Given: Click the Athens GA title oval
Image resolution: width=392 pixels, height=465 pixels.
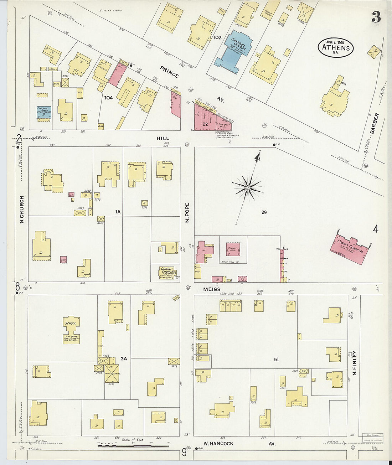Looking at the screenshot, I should tap(335, 47).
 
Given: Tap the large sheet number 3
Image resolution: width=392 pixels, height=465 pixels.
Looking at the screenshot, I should tap(376, 17).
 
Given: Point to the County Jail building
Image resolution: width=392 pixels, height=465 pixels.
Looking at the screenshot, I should tap(232, 249).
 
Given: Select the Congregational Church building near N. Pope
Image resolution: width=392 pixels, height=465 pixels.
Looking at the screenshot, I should tap(167, 273).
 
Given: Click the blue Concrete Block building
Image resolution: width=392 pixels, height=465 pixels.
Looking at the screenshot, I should tap(44, 112).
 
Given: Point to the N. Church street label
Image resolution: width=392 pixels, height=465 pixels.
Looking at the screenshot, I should tap(22, 210).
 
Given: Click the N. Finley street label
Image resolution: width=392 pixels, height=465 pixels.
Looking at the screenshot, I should tap(354, 363).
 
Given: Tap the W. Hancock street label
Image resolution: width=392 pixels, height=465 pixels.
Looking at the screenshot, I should tap(218, 444).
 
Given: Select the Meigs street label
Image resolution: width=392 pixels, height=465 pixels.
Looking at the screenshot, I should tap(212, 289).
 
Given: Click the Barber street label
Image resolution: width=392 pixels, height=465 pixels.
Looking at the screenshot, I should tap(374, 123).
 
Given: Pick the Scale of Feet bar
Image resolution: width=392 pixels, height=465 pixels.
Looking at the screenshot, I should tap(133, 446).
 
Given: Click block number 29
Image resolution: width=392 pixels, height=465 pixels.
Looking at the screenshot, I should tap(264, 212).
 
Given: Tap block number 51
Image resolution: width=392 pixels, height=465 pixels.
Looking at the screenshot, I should tap(276, 359).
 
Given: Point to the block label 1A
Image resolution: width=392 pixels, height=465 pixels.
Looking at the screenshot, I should tap(118, 212).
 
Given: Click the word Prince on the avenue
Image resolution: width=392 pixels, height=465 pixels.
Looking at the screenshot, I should tap(169, 72).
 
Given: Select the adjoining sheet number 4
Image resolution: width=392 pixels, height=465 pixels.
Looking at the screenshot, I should tap(375, 229).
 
